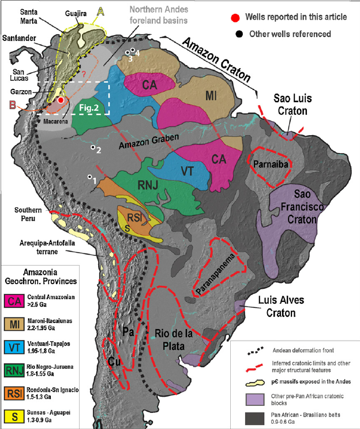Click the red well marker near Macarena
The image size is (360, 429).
pos(61,100)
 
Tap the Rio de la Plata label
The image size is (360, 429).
pos(177,337)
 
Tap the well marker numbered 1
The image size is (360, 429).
pos(89,177)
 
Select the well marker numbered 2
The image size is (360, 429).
pos(92,148)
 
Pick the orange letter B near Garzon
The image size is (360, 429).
pos(12,105)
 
